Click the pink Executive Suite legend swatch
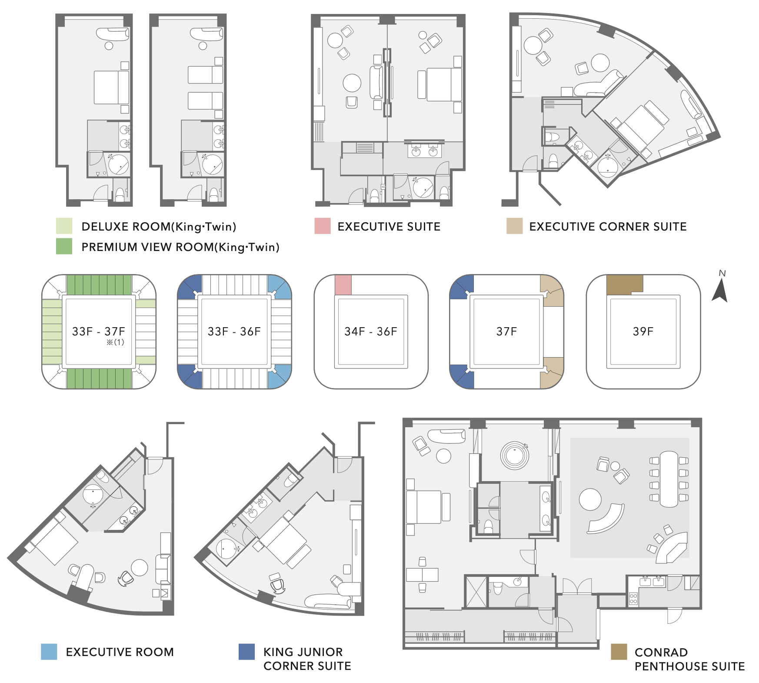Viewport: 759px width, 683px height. [323, 226]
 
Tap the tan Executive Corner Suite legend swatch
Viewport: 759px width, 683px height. [514, 226]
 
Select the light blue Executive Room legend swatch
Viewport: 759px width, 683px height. [49, 652]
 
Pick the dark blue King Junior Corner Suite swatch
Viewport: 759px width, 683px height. [246, 652]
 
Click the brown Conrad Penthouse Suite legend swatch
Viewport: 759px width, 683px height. [619, 652]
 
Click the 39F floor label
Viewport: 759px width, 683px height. [643, 331]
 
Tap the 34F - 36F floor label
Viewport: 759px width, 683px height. [371, 331]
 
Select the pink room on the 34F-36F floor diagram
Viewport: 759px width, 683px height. [343, 285]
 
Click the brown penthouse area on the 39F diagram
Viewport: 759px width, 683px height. [624, 284]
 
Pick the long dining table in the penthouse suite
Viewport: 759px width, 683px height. [669, 479]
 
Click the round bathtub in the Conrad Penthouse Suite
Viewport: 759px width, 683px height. [515, 455]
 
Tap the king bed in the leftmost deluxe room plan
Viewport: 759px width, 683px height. [112, 87]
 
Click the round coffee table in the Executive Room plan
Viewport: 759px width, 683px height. [140, 568]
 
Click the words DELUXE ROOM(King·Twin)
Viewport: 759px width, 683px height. [159, 227]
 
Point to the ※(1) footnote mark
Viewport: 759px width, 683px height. [115, 342]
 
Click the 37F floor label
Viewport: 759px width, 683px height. [507, 331]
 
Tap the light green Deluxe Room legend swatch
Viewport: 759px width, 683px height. [64, 226]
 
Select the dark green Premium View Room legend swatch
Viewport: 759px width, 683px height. [64, 246]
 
